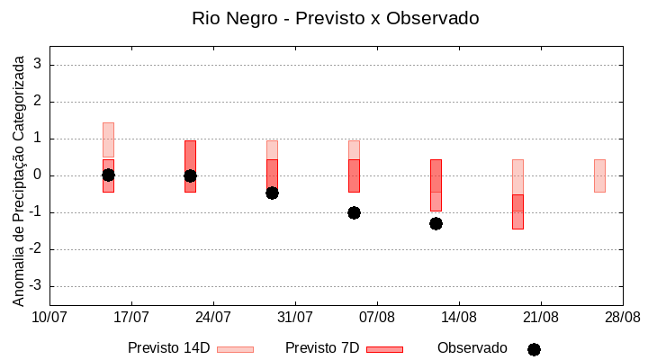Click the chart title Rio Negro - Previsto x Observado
[x=335, y=18]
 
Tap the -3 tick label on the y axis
[x=36, y=286]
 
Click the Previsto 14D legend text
[x=168, y=348]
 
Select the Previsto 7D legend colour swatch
[x=384, y=349]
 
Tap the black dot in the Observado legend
[x=534, y=349]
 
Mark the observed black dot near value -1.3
[x=436, y=223]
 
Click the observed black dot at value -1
[x=354, y=212]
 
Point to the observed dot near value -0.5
[x=272, y=193]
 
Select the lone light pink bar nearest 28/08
[x=599, y=175]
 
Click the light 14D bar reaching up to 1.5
[x=108, y=139]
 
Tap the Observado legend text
[x=472, y=348]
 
